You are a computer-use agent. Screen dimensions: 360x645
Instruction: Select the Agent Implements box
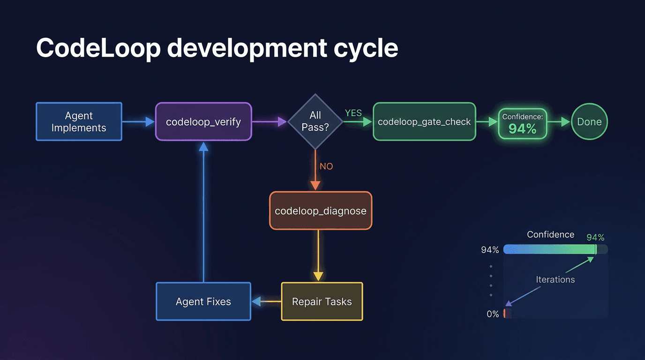click(x=79, y=122)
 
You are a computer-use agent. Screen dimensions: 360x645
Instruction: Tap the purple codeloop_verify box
click(x=203, y=122)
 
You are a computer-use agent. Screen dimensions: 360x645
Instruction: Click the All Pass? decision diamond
click(x=315, y=121)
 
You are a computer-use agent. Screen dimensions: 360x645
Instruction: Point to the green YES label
click(x=353, y=113)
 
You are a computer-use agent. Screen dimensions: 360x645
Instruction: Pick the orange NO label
click(x=326, y=166)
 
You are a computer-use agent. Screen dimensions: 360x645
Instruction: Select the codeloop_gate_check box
click(x=424, y=122)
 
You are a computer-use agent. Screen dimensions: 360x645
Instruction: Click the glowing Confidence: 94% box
click(x=522, y=123)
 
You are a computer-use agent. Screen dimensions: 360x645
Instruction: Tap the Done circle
click(x=589, y=122)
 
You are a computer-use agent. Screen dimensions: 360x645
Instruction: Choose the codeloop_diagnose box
click(x=321, y=211)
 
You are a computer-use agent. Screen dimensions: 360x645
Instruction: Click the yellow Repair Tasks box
click(x=322, y=301)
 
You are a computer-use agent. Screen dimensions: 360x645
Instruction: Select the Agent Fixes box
click(x=203, y=301)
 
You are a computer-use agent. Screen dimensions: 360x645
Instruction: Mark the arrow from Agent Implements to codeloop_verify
click(x=138, y=122)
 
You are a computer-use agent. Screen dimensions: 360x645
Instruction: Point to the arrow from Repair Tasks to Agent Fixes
click(x=266, y=301)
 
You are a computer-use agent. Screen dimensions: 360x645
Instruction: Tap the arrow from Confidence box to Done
click(x=559, y=122)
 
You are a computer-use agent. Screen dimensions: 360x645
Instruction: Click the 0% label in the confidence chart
click(x=493, y=314)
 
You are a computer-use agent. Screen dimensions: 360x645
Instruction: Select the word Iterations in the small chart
click(x=555, y=279)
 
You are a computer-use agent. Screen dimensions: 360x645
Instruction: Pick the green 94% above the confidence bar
click(x=595, y=238)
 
